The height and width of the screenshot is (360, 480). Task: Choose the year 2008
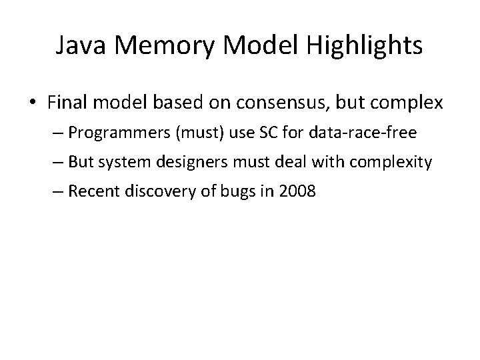(x=295, y=193)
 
